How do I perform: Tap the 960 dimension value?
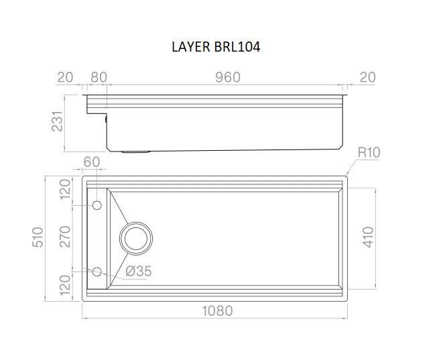[228, 77]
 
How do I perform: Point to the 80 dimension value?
[98, 77]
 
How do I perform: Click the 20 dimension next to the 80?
[65, 77]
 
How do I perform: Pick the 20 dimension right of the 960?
[367, 77]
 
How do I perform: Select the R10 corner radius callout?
[368, 153]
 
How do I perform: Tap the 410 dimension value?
[367, 236]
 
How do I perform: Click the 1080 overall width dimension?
[216, 311]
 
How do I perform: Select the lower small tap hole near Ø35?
[97, 272]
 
